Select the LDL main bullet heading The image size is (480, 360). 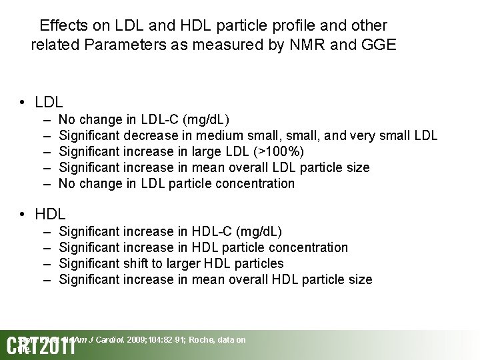click(49, 102)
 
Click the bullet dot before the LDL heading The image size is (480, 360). click(23, 102)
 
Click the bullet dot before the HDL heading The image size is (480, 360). click(23, 214)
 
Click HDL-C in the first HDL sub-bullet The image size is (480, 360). click(213, 231)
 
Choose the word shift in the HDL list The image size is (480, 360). click(137, 263)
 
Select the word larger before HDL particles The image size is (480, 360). click(173, 263)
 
